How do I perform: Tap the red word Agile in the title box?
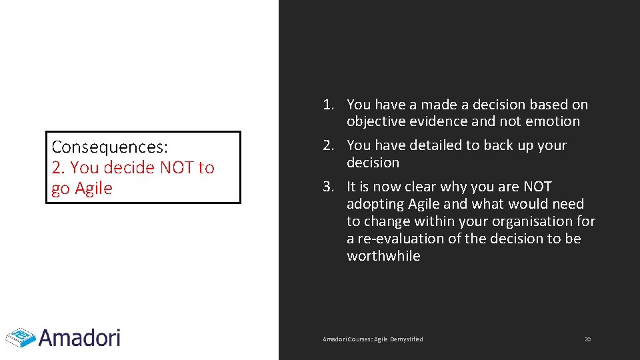coord(93,189)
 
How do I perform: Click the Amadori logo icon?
coord(20,337)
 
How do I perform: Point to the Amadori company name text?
coord(79,337)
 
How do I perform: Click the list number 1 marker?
coord(328,105)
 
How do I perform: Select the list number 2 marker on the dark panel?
coord(328,145)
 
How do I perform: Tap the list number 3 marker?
coord(328,187)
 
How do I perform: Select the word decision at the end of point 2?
coord(373,163)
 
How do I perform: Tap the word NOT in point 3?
coord(537,187)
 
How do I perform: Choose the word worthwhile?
coord(383,256)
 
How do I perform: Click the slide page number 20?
coord(587,339)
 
